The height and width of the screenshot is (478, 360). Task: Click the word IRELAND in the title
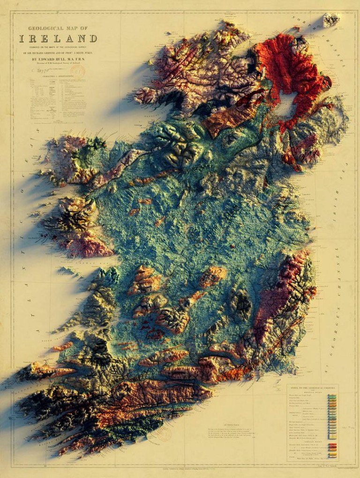(58, 38)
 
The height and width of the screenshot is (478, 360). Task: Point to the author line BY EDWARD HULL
(60, 60)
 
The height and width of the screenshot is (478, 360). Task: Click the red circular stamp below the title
(78, 71)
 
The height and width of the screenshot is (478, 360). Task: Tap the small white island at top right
(331, 20)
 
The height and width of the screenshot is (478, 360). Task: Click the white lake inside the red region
(286, 100)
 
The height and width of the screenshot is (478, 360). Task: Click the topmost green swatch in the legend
(332, 397)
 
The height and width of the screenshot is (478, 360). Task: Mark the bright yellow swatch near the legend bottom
(332, 454)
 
